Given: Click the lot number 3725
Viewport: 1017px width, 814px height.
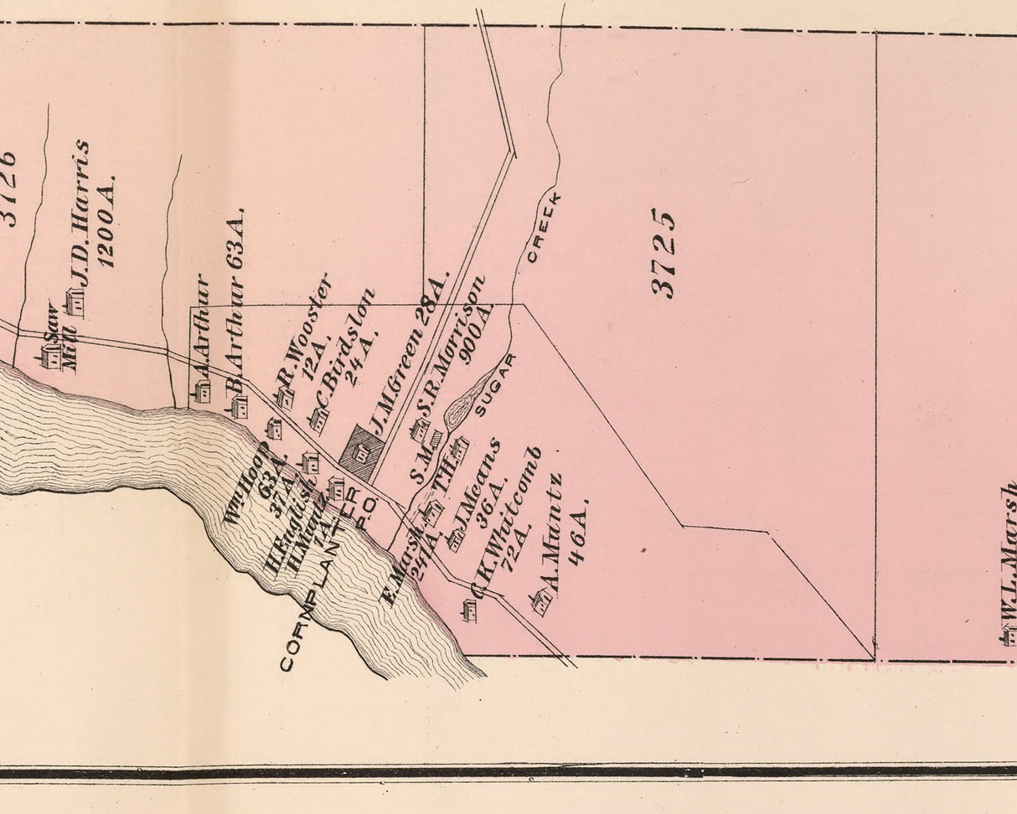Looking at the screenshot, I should pos(663,253).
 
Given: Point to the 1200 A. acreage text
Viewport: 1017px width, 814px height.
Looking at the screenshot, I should pos(107,222).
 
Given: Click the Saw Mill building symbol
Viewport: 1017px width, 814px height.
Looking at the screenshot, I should pos(51,358).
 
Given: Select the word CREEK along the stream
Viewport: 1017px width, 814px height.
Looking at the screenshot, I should pos(543,227).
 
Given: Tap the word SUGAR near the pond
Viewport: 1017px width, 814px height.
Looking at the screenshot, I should pos(495,385).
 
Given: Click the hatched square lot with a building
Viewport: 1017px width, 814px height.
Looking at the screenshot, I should pos(362,452).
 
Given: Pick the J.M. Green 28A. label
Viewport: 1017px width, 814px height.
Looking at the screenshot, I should pos(410,352).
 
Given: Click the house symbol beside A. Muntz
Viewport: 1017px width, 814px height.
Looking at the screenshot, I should pos(539,600).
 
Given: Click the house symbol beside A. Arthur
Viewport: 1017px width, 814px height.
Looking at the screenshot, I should pos(202,390).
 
